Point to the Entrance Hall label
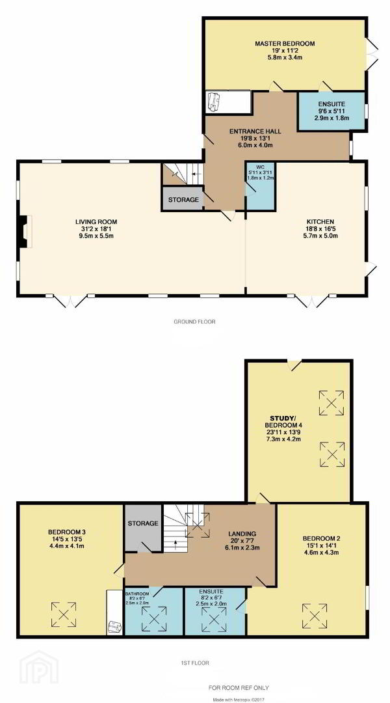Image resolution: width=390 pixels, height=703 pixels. coord(255,131)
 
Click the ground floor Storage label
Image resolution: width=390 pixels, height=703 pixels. coord(183,200)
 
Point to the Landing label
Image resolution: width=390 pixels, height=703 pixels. coord(242,534)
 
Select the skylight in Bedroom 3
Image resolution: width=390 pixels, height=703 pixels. coord(64,614)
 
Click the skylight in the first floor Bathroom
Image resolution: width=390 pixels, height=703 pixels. coord(154,619)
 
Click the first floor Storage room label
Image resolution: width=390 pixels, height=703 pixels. coord(143,523)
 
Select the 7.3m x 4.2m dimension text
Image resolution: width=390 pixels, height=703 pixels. coord(281,439)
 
